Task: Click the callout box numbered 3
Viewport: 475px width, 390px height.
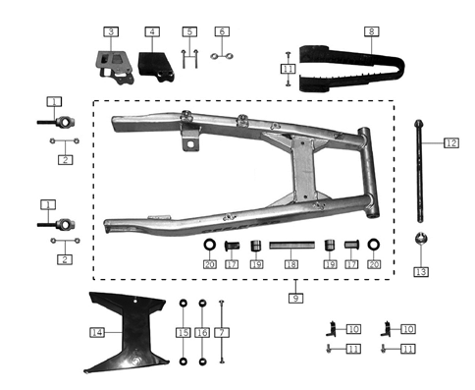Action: pos(112,32)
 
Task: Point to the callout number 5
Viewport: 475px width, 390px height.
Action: pos(190,32)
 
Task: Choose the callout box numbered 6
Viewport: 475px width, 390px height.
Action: pos(222,32)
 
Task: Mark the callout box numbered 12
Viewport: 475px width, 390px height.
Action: pos(450,143)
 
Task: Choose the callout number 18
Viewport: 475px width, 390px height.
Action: pos(290,264)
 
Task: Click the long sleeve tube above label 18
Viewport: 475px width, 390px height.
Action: pos(290,246)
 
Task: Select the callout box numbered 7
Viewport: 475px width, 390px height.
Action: pos(224,333)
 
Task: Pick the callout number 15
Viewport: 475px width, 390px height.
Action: pos(183,333)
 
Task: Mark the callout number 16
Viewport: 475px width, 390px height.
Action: pos(203,333)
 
